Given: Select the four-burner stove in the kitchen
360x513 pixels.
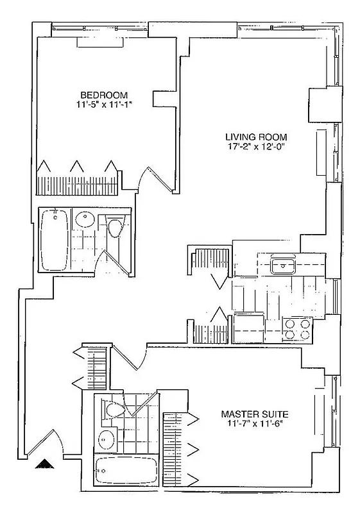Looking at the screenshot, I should [x=297, y=328].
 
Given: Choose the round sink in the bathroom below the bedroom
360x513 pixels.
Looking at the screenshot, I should [x=85, y=221].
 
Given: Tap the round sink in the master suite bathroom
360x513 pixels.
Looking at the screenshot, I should [x=106, y=439].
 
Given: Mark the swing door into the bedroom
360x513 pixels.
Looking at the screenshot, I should [x=155, y=176].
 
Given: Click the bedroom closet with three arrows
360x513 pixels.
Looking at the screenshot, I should [x=78, y=180].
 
